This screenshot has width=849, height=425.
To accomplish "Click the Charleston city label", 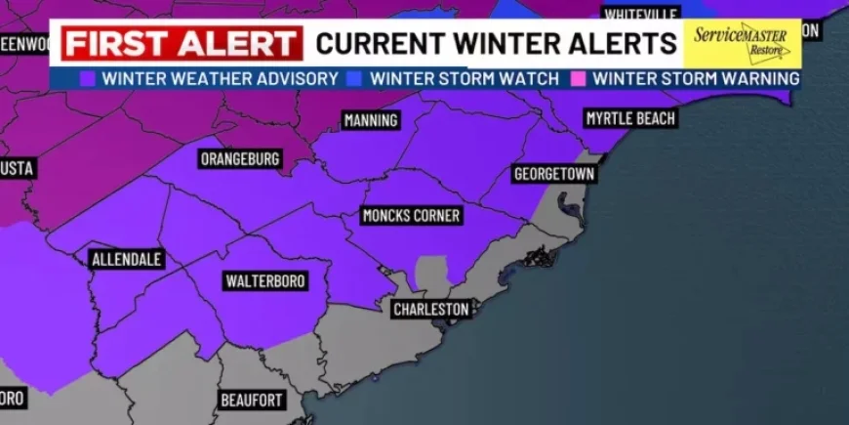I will pos(431,309).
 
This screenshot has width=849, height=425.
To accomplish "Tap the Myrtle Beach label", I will pos(629,118).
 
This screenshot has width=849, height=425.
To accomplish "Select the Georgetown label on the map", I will pos(553,174).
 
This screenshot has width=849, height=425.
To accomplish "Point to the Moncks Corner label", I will pos(410,215).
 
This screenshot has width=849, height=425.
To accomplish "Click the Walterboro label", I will pos(265,281).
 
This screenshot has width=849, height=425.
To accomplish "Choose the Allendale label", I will pos(126,260).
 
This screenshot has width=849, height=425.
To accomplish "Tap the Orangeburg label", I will pos(240,158).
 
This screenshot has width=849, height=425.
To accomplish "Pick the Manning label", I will pos(371,120).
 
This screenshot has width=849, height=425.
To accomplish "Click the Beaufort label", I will pos(251,400).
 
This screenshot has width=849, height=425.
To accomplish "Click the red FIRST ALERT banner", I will pos(182,44).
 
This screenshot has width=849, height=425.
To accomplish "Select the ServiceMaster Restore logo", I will pos(742,42).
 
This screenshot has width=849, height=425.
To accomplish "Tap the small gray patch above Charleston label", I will pos(430,274).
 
